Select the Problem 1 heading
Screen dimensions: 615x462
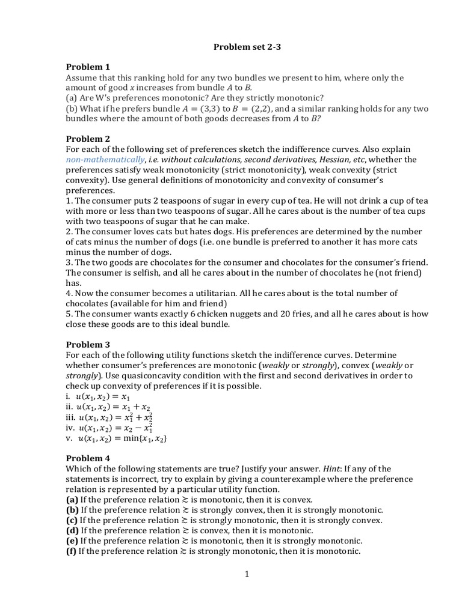(88, 67)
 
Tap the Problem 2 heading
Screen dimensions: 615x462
(88, 138)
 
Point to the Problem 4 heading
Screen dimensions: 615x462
(88, 458)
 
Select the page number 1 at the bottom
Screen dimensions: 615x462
(247, 574)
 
